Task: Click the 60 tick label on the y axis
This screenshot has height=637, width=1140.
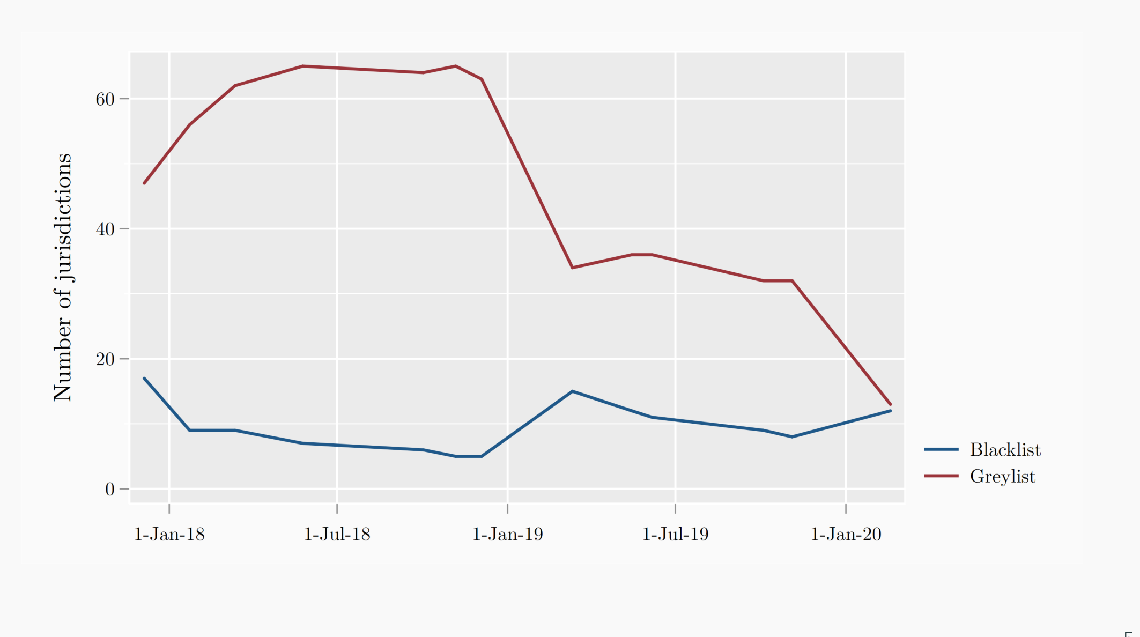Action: point(105,99)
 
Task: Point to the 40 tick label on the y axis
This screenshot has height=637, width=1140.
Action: point(105,229)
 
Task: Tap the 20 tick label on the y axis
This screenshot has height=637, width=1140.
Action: point(105,359)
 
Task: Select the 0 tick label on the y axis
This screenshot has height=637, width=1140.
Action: point(110,489)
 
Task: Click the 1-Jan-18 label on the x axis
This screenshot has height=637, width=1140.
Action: point(169,534)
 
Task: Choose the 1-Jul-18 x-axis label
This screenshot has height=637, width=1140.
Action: point(337,534)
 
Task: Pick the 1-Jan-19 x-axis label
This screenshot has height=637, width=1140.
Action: point(507,534)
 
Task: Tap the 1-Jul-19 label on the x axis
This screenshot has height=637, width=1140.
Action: point(675,534)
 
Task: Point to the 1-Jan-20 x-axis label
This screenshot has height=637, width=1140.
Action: point(846,534)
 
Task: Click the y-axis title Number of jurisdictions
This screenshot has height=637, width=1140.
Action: point(63,277)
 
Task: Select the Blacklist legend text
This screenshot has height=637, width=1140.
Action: point(1005,450)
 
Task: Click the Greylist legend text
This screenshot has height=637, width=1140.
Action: point(1002,477)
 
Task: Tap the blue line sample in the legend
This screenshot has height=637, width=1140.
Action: point(941,449)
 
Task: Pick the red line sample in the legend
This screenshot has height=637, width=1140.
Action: point(941,476)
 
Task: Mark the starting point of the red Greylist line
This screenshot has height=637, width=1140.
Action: point(144,183)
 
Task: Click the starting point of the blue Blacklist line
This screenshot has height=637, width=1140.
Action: point(144,379)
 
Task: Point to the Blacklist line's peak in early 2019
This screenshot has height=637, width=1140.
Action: point(573,391)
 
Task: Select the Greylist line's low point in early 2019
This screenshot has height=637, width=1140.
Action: point(573,268)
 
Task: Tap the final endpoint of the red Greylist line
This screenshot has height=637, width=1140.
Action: point(890,404)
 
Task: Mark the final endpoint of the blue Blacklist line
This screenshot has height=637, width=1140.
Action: point(890,411)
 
